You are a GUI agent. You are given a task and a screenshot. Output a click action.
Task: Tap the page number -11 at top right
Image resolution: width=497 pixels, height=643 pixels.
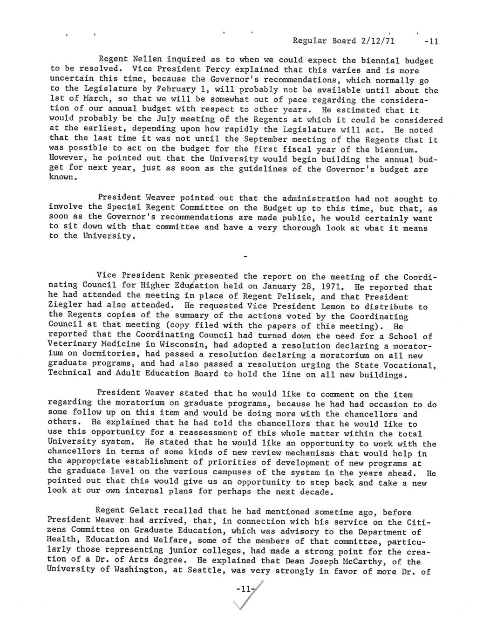click(430, 41)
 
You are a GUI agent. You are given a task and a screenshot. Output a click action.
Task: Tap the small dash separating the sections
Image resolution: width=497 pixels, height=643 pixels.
click(245, 256)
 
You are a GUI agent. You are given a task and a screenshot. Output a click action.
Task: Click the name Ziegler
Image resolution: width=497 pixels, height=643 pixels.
click(63, 306)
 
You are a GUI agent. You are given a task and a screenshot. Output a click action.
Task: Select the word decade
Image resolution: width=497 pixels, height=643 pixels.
click(316, 492)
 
